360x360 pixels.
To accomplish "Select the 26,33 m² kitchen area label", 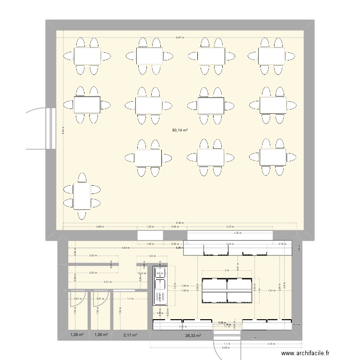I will click(193, 336).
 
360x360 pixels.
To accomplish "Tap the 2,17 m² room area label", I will click(130, 335).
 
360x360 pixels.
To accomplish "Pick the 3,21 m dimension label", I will click(108, 282).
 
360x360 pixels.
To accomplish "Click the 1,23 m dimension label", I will click(151, 256).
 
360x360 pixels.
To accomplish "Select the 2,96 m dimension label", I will click(100, 227).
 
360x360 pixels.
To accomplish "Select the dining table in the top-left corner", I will click(87, 56).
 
